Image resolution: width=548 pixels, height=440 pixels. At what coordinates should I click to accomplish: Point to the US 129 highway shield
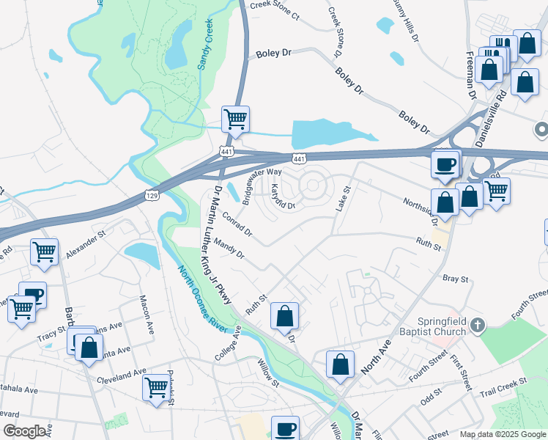tap(151, 197)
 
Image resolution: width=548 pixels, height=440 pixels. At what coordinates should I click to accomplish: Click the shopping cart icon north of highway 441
tap(235, 120)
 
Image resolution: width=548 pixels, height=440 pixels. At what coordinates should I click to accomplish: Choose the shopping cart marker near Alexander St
tap(44, 252)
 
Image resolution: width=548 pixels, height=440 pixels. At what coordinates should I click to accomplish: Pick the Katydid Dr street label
tap(278, 197)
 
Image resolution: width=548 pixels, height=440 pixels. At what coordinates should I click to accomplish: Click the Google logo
tap(24, 431)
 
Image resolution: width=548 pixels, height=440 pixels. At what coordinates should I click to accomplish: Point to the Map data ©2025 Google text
tap(502, 433)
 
